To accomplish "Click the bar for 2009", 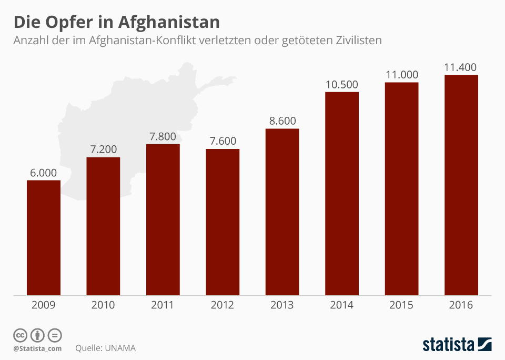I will click(x=44, y=237).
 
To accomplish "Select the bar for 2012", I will click(x=223, y=222).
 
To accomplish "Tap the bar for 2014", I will click(x=342, y=193).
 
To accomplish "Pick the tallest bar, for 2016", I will click(x=461, y=185).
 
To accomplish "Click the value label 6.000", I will click(x=43, y=173).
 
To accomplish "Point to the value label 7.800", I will click(x=163, y=136).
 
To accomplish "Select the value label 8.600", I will click(x=282, y=121).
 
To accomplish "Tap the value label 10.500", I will click(x=342, y=84).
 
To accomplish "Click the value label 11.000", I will click(x=402, y=74).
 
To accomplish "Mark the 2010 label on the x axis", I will click(x=103, y=305).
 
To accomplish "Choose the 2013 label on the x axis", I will click(x=282, y=305).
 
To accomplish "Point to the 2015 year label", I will click(x=402, y=305).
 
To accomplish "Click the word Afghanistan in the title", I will click(x=169, y=22).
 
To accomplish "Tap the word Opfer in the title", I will click(x=72, y=22).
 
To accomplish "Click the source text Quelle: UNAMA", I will click(x=106, y=348).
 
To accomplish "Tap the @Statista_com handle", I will click(x=37, y=348).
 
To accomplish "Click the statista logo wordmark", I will click(x=449, y=345).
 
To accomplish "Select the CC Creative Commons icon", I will click(x=21, y=335).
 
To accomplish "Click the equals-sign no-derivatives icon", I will click(x=54, y=335).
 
